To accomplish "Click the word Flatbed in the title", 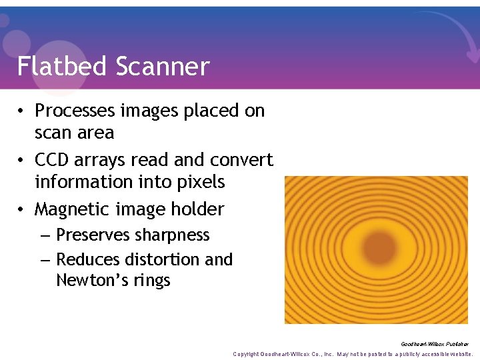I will [x=62, y=66].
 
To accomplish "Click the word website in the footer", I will [x=457, y=354].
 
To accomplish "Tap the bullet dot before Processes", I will [x=23, y=111].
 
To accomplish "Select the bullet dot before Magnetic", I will [x=23, y=209].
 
